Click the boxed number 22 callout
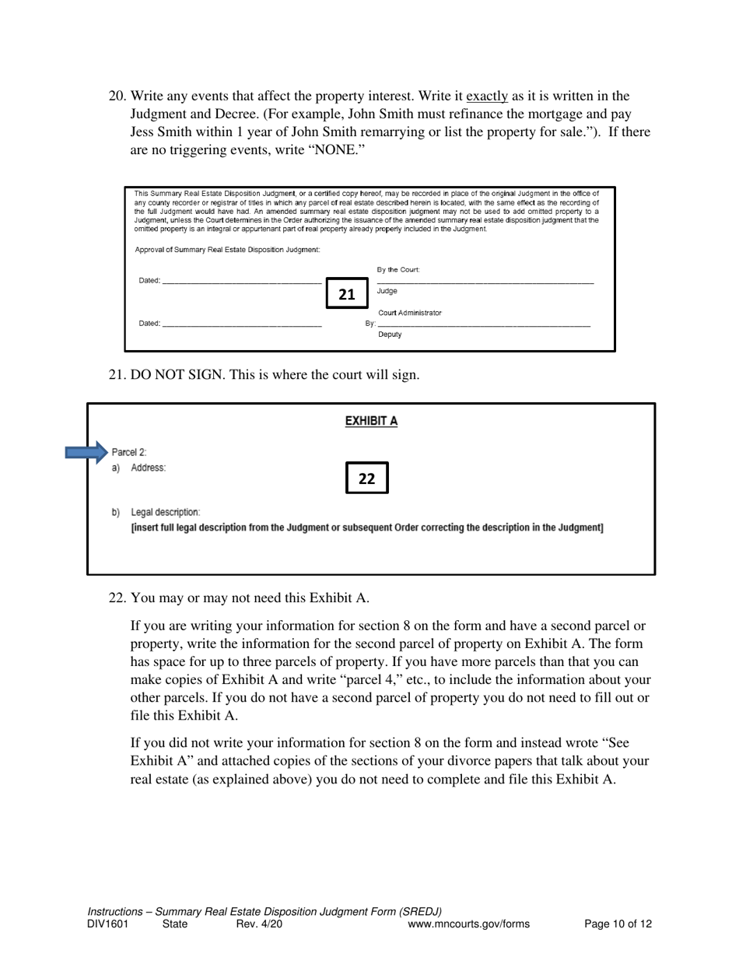pyautogui.click(x=366, y=478)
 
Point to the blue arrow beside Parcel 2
pyautogui.click(x=86, y=452)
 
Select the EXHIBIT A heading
pyautogui.click(x=371, y=421)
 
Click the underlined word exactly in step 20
pyautogui.click(x=486, y=96)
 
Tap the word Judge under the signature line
pyautogui.click(x=387, y=291)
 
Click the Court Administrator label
pyautogui.click(x=409, y=313)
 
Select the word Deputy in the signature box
pyautogui.click(x=390, y=335)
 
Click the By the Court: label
pyautogui.click(x=398, y=270)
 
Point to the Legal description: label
pyautogui.click(x=165, y=512)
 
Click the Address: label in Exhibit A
pyautogui.click(x=148, y=468)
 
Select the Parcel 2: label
pyautogui.click(x=128, y=452)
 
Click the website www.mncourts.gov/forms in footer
pyautogui.click(x=468, y=924)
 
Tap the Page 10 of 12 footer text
pyautogui.click(x=618, y=924)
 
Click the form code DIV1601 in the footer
pyautogui.click(x=108, y=924)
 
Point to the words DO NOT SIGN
pyautogui.click(x=173, y=374)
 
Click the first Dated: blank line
pyautogui.click(x=241, y=281)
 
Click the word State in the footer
pyautogui.click(x=175, y=924)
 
